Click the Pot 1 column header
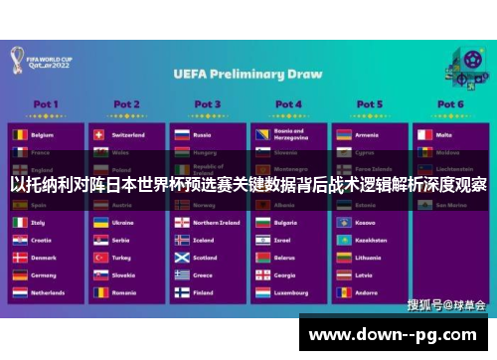(45, 103)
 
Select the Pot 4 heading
(288, 103)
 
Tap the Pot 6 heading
(450, 103)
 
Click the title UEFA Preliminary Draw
(248, 73)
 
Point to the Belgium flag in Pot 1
(19, 134)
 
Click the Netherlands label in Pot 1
(48, 293)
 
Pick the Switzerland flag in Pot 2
(100, 134)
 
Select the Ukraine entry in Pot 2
(123, 223)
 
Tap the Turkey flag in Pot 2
(100, 258)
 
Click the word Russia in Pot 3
(203, 134)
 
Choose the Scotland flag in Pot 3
(182, 258)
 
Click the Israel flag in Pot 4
(262, 241)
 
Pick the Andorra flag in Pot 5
(344, 293)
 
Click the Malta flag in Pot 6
(424, 134)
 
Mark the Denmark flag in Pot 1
(19, 258)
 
